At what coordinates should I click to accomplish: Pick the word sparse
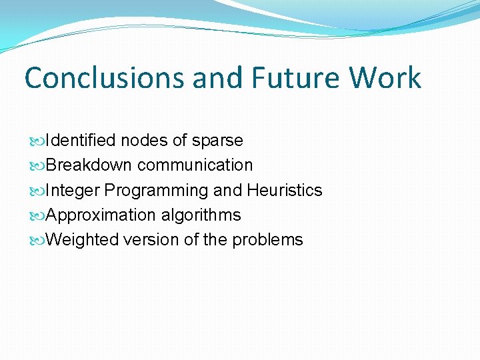tap(217, 141)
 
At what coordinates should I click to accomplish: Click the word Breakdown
tap(89, 165)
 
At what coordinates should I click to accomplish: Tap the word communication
tap(195, 165)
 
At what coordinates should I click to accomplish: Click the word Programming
tap(157, 191)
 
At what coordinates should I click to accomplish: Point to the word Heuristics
tap(285, 191)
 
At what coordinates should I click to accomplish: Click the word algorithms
tap(201, 215)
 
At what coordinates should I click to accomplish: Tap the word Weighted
tap(83, 240)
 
